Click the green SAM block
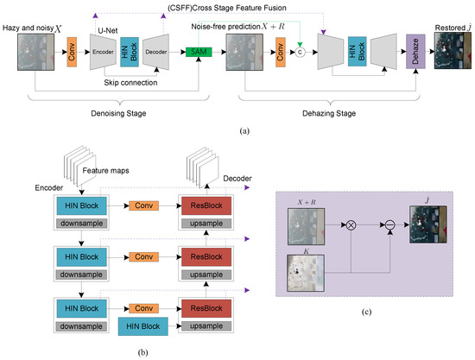[199, 52]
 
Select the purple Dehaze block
[415, 51]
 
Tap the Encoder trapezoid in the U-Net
[103, 52]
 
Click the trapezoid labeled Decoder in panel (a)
[155, 52]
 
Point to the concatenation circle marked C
[300, 52]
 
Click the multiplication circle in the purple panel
[351, 225]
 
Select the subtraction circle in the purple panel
[390, 225]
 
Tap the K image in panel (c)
[306, 273]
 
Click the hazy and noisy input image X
[35, 52]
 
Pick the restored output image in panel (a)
[453, 51]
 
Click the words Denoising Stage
[118, 114]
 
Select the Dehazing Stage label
[329, 114]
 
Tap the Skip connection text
[130, 83]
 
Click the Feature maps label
[105, 171]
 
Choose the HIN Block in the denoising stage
[130, 52]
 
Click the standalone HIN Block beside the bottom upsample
[143, 326]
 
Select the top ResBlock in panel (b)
[206, 205]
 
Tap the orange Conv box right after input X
[72, 52]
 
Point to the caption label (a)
[244, 131]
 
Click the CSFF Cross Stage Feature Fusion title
[227, 8]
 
